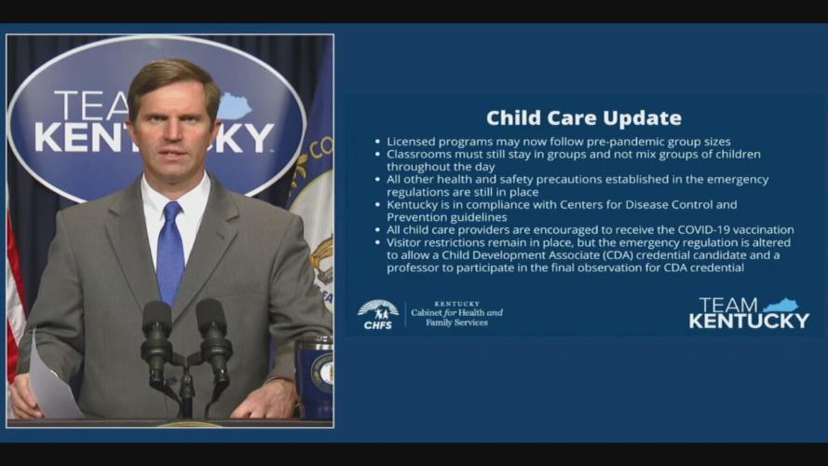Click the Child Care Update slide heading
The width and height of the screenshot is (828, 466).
[583, 118]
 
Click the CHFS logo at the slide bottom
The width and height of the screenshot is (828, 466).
[377, 315]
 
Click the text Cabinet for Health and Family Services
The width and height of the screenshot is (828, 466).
[456, 315]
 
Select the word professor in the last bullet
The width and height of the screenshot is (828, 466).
[415, 267]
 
